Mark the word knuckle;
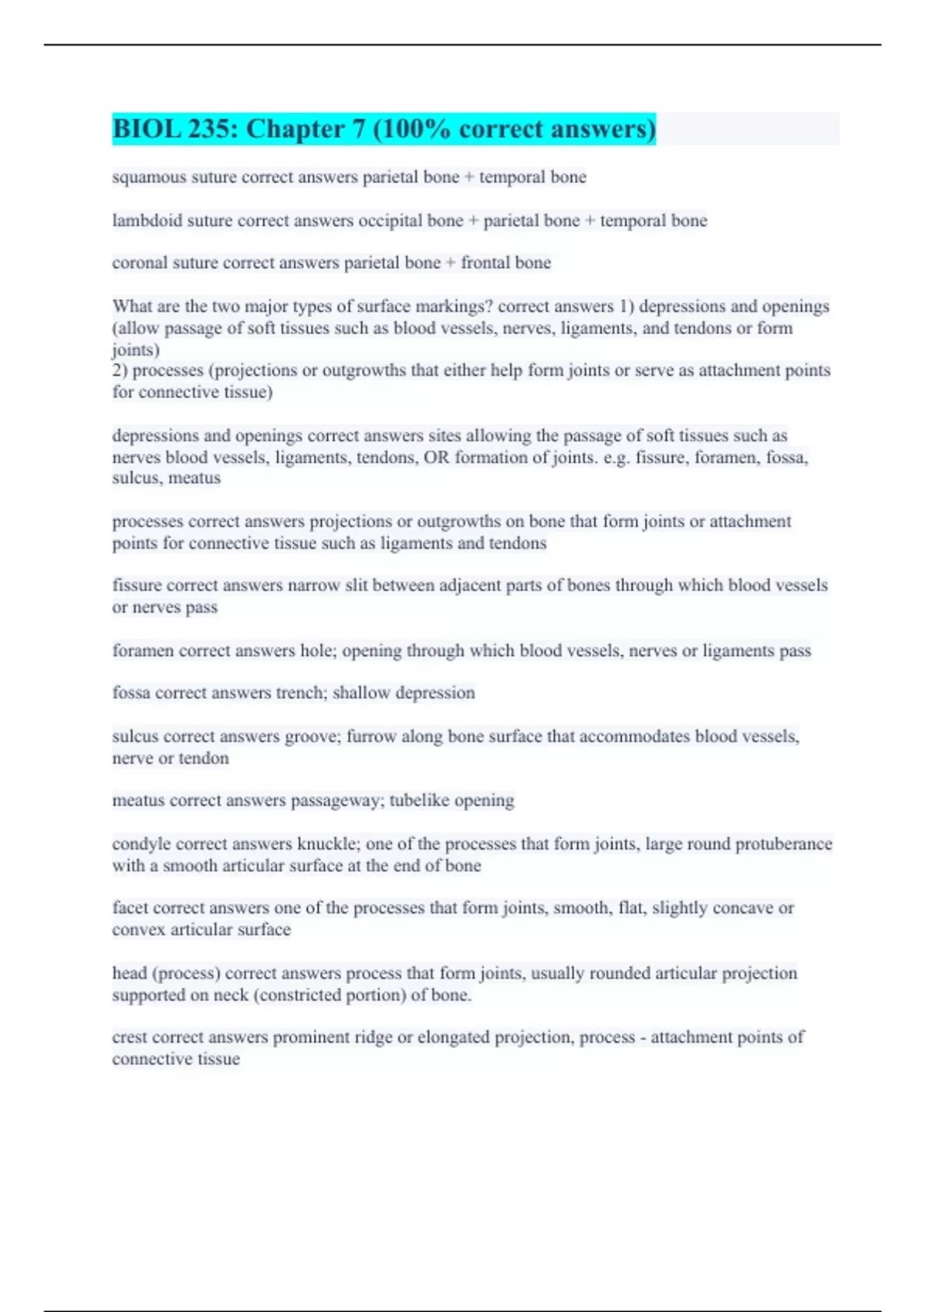click(329, 844)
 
